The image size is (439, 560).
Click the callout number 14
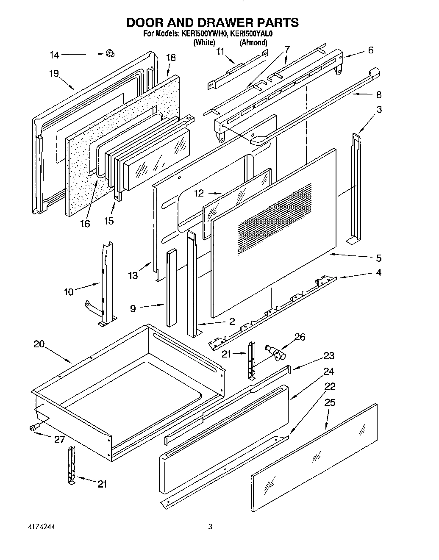point(55,55)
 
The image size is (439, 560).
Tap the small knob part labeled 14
point(110,53)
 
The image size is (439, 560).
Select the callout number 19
point(53,73)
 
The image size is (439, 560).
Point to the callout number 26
point(299,337)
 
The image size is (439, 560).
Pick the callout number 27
point(59,440)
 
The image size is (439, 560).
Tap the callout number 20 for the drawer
point(39,344)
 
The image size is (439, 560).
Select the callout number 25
point(329,402)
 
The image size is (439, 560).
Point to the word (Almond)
point(253,42)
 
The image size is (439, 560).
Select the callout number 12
point(199,193)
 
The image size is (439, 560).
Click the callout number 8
point(378,94)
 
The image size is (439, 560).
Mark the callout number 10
point(69,291)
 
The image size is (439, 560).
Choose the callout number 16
point(85,223)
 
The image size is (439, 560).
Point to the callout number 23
point(329,355)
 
